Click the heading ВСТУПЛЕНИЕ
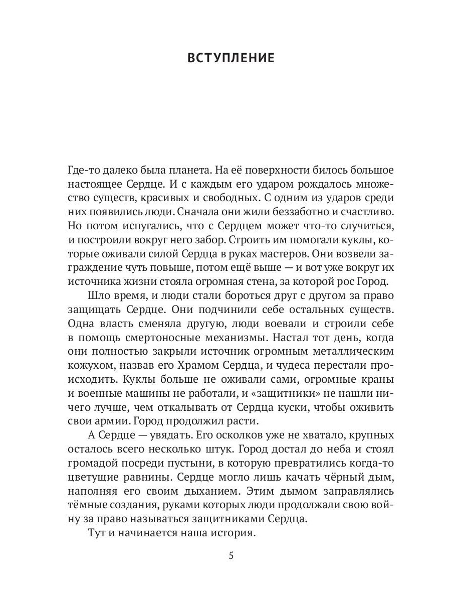(231, 58)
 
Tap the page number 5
(231, 556)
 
